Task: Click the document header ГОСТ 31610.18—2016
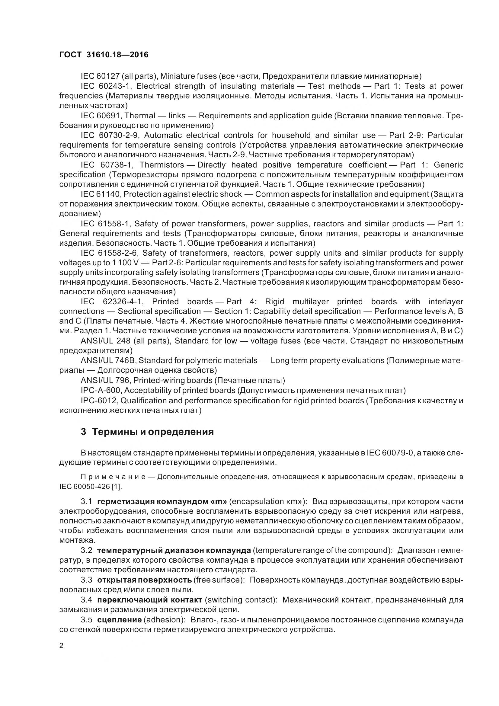coord(104,55)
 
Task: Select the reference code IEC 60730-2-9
coord(110,135)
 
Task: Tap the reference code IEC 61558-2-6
coord(107,253)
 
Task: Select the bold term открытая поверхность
coord(145,580)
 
